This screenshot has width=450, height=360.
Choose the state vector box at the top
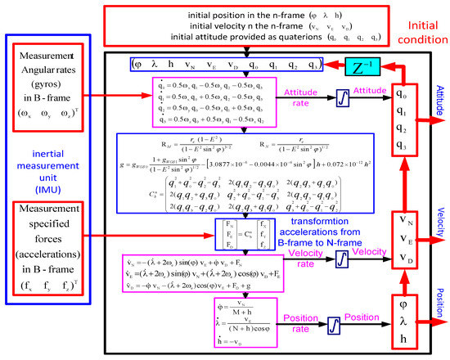218,63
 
